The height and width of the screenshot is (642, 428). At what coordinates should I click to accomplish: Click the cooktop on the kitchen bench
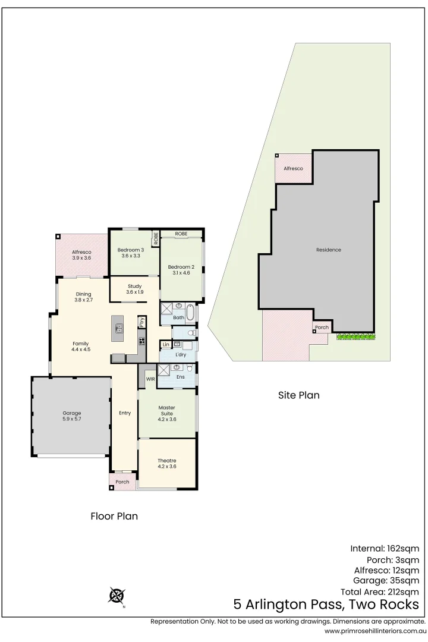142,341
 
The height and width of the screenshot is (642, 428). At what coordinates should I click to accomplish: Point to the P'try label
142,322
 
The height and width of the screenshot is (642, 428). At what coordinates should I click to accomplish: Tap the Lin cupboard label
166,345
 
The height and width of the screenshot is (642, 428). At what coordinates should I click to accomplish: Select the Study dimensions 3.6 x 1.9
135,292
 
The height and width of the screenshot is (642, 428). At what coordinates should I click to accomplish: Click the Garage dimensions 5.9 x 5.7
71,420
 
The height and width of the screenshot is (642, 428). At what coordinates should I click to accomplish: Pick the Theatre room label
166,461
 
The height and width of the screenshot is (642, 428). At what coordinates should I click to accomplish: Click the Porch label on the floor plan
122,481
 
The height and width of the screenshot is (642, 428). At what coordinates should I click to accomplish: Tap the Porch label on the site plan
322,328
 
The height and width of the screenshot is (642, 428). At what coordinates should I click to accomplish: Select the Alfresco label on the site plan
293,169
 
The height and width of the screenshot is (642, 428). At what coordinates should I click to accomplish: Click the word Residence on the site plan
328,250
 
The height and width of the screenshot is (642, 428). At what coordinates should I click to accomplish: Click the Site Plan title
299,395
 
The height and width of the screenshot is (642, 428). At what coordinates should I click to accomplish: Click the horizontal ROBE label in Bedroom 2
181,234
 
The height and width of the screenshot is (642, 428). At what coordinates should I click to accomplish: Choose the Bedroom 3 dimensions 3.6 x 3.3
130,256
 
